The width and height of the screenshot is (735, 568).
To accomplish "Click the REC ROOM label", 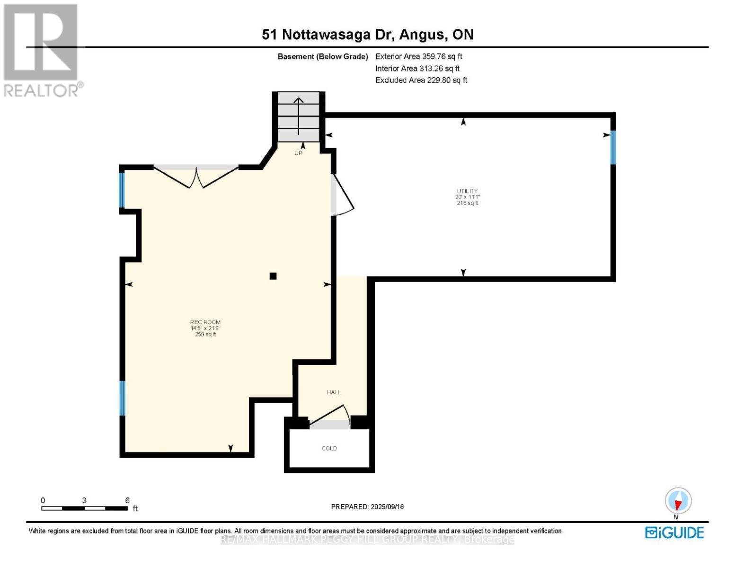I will [205, 322].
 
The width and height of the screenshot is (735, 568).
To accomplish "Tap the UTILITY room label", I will [467, 191].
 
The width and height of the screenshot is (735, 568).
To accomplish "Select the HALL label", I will [334, 392].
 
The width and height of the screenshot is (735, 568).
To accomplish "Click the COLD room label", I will [329, 448].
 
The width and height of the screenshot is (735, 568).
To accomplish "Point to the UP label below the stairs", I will [298, 153].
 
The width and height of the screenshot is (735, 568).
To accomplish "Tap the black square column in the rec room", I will [273, 276].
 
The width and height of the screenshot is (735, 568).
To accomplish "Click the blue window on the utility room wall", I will [613, 147].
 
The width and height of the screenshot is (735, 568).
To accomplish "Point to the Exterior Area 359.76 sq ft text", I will [419, 56].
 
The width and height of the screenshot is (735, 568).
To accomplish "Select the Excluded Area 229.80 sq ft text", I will [421, 80].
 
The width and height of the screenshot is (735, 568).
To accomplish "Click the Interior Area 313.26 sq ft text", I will [417, 69].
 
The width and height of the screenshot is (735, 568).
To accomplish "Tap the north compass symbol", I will [678, 501].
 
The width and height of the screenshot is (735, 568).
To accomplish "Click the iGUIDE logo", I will [674, 532].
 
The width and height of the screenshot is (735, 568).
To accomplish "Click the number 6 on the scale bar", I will [127, 500].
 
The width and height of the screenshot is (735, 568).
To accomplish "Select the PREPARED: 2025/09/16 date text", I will [367, 507].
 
